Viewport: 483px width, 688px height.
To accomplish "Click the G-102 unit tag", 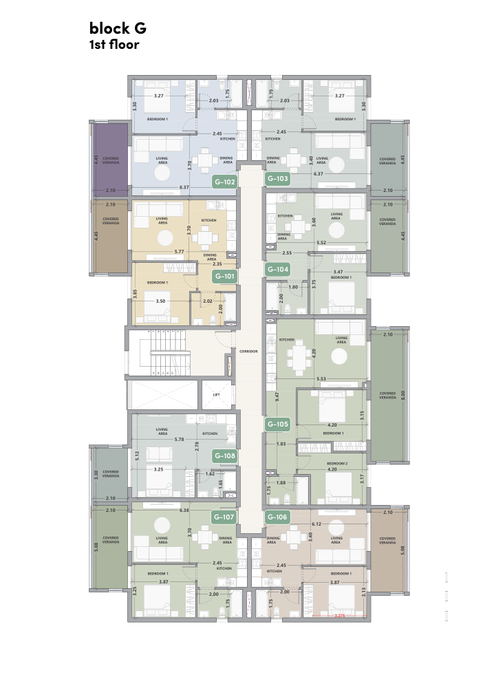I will [225, 182].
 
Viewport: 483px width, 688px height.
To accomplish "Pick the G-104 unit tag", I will [277, 269].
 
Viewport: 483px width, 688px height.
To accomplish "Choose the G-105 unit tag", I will [277, 424].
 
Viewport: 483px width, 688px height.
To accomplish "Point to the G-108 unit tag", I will [225, 455].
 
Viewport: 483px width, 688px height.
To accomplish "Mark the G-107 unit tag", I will [225, 517].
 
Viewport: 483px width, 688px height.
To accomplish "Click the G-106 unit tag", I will [277, 517].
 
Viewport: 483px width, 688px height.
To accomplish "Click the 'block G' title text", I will [118, 28].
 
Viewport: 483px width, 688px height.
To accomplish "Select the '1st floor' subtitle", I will [114, 45].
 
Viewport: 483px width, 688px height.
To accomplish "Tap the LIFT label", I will [216, 395].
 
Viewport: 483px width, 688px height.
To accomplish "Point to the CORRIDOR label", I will [249, 351].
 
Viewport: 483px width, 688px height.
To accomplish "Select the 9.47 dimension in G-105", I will [277, 396].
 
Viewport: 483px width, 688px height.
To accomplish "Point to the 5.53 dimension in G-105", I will [321, 379].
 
